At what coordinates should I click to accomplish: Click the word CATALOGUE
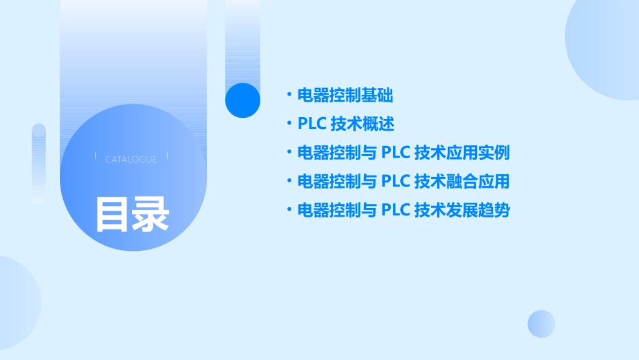tap(131, 159)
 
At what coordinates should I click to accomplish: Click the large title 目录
tap(132, 214)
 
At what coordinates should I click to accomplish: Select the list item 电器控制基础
tap(345, 96)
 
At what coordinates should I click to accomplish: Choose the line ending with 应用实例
tap(404, 153)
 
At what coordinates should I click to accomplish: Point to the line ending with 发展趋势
tap(404, 211)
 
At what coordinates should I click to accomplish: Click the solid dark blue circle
tap(243, 100)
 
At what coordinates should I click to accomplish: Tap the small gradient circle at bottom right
tap(541, 324)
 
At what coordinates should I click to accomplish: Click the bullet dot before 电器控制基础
tap(289, 96)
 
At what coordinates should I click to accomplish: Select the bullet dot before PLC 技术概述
tap(289, 124)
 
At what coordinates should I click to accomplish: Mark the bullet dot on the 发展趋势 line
tap(289, 211)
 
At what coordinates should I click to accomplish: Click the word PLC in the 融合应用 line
tap(396, 182)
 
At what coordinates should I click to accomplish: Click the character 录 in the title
tap(151, 214)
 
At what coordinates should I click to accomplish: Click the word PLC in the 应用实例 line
tap(396, 153)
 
